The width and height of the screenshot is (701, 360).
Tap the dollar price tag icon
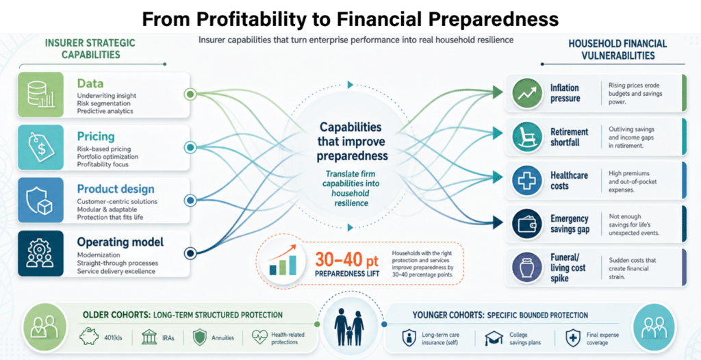(x=41, y=147)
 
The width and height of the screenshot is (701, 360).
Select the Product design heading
(x=116, y=189)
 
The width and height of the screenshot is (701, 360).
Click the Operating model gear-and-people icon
(x=40, y=253)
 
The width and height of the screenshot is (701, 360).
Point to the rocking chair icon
(x=528, y=136)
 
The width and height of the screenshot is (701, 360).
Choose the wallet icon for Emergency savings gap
(x=528, y=224)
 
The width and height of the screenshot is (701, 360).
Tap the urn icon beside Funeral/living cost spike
(x=528, y=268)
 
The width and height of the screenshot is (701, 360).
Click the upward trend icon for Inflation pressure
(x=528, y=93)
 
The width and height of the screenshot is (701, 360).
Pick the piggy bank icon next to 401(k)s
(x=90, y=337)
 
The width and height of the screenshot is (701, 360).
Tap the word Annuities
(x=222, y=337)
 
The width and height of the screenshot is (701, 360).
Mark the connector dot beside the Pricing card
(x=190, y=147)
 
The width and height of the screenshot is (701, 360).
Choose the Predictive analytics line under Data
(x=105, y=110)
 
